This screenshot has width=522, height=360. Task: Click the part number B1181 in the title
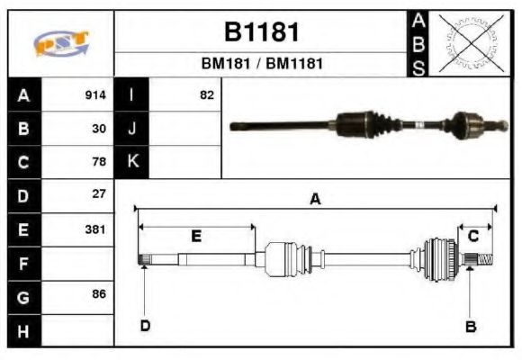261,32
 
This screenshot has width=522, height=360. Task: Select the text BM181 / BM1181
261,64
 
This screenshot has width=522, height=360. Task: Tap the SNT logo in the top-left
60,43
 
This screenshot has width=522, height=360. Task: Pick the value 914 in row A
95,95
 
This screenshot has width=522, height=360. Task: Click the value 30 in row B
100,129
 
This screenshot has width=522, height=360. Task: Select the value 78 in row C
100,162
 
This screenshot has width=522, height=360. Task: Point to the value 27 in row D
100,194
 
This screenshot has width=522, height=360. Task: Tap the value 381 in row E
95,229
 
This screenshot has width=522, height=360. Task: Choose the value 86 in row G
100,294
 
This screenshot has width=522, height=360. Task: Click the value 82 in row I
206,95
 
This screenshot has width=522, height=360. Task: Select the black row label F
24,263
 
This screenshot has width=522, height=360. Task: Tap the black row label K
132,162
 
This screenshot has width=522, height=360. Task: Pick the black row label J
132,129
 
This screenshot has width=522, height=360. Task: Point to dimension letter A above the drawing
315,200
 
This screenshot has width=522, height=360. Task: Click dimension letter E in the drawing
196,236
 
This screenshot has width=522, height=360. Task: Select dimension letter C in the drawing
472,236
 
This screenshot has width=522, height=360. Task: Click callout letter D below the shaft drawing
144,326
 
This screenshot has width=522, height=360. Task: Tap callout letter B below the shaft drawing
470,326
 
